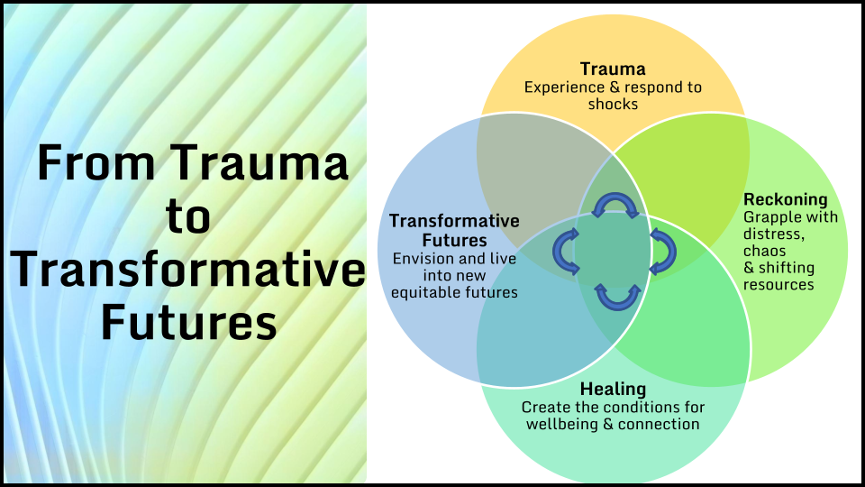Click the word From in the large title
[x=96, y=163]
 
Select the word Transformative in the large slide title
[x=187, y=269]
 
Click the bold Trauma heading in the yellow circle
[x=613, y=69]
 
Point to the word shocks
[x=613, y=104]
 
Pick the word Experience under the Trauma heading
[x=557, y=87]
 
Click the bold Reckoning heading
[x=786, y=199]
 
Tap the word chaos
[x=764, y=252]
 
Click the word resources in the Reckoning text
[x=778, y=285]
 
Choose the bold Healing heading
[x=613, y=390]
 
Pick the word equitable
[x=424, y=292]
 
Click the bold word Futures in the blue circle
[x=454, y=241]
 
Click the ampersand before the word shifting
[x=749, y=269]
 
